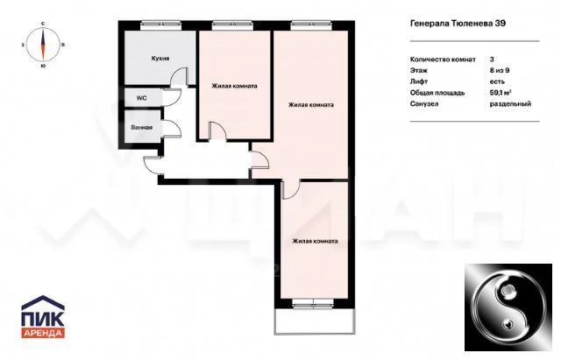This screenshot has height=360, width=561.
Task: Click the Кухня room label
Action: [x=160, y=59]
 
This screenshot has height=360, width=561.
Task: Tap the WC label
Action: [x=141, y=98]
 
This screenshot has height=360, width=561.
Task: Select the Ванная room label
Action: [x=142, y=128]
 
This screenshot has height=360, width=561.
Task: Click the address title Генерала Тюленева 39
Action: [x=458, y=24]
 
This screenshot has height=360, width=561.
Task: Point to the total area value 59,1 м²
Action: [x=501, y=93]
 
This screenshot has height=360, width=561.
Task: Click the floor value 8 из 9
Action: [x=500, y=70]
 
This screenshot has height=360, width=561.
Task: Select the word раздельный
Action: [x=510, y=104]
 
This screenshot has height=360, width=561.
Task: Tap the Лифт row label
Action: [x=419, y=81]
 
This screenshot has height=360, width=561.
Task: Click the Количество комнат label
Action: [x=443, y=60]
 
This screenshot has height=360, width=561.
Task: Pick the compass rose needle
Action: [x=43, y=45]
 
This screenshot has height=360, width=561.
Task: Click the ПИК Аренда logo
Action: [x=43, y=316]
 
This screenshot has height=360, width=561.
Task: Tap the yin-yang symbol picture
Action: [x=508, y=307]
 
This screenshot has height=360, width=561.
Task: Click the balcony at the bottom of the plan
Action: [x=315, y=321]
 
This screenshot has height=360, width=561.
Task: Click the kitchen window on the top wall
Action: [x=161, y=25]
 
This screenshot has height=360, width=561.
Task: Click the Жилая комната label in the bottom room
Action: [x=315, y=241]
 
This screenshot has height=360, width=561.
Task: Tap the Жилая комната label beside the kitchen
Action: [x=234, y=86]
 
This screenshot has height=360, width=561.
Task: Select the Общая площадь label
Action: [x=437, y=93]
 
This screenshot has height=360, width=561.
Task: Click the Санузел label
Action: [x=424, y=104]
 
